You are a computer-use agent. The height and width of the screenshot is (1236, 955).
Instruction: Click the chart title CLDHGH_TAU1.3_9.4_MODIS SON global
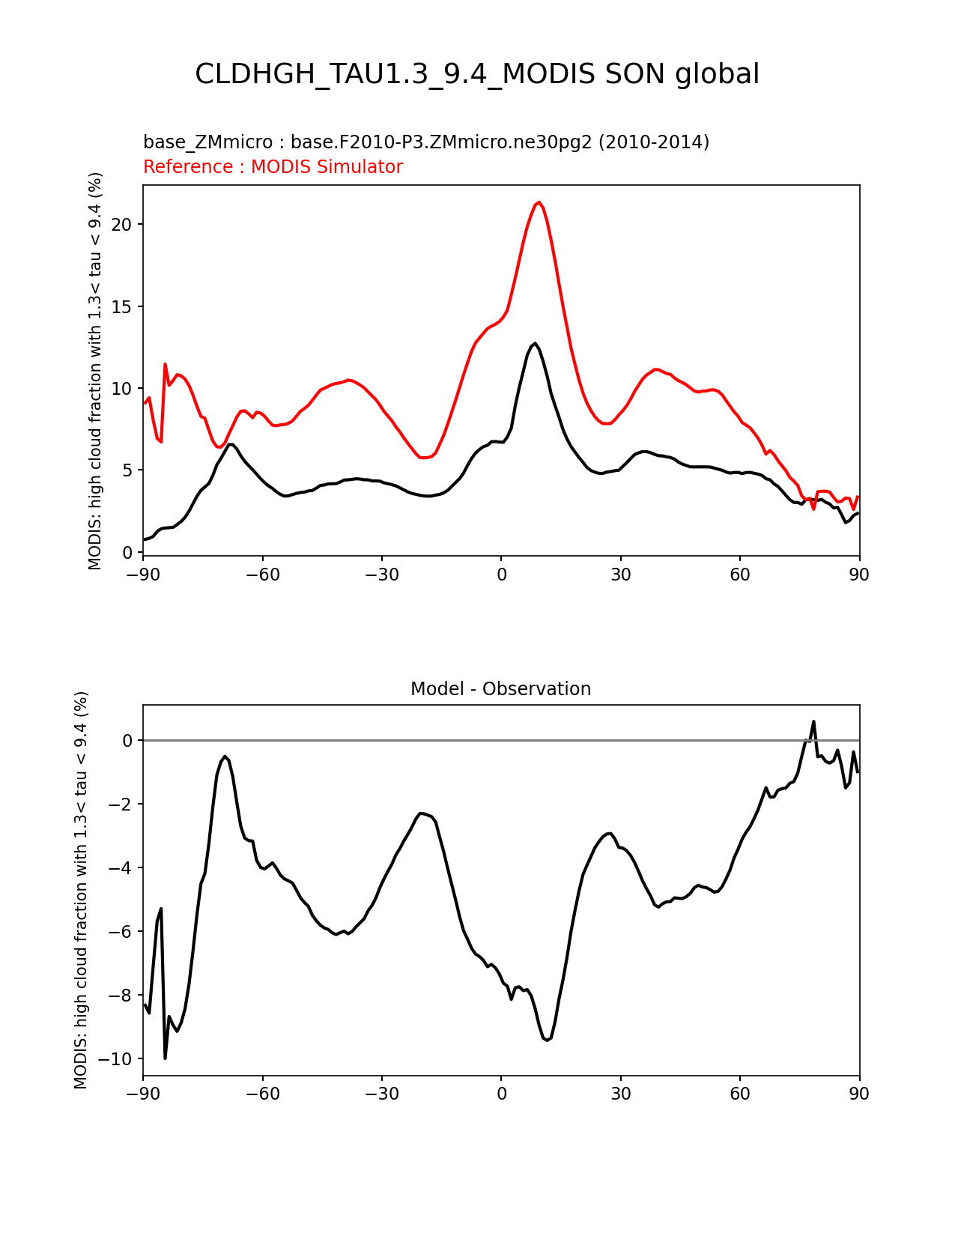pyautogui.click(x=476, y=74)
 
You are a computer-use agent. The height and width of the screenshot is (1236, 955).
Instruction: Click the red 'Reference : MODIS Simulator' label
pyautogui.click(x=273, y=166)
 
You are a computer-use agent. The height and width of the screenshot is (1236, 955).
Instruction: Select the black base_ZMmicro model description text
pyautogui.click(x=426, y=142)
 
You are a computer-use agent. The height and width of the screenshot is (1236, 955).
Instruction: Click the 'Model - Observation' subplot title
pyautogui.click(x=500, y=689)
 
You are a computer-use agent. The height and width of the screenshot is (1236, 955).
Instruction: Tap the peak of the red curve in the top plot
pyautogui.click(x=539, y=202)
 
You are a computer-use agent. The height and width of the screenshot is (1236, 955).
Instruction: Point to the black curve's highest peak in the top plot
pyautogui.click(x=535, y=344)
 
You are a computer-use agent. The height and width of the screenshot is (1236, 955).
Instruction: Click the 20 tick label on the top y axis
pyautogui.click(x=121, y=225)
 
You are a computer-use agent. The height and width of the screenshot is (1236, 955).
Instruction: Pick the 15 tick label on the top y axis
pyautogui.click(x=121, y=306)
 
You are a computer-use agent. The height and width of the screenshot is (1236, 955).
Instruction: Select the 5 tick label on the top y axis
pyautogui.click(x=127, y=470)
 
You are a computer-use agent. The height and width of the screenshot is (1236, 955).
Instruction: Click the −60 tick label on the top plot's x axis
pyautogui.click(x=262, y=575)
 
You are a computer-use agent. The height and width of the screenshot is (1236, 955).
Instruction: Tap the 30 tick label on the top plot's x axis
pyautogui.click(x=620, y=575)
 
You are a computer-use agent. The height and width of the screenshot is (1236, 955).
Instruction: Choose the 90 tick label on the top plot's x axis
pyautogui.click(x=859, y=575)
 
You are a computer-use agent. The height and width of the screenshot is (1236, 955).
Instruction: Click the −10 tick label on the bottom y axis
pyautogui.click(x=115, y=1058)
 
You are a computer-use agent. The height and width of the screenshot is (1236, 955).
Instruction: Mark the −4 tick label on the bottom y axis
pyautogui.click(x=120, y=867)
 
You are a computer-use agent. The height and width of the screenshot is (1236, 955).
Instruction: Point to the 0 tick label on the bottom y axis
pyautogui.click(x=127, y=741)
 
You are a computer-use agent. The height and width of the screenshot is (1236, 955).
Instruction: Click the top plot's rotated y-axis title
pyautogui.click(x=94, y=371)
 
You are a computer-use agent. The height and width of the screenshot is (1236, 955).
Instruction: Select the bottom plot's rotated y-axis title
pyautogui.click(x=80, y=890)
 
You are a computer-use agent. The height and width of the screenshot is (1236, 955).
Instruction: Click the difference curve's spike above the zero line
pyautogui.click(x=813, y=722)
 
